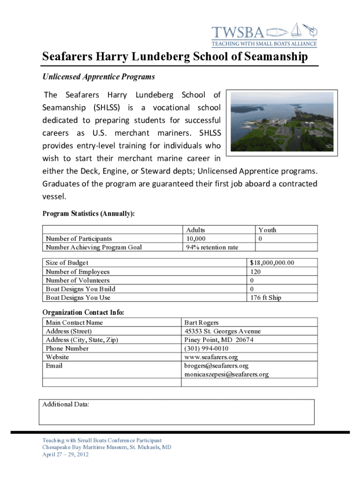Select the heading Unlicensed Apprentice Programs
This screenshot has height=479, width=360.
point(99,76)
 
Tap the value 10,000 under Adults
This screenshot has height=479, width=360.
point(196,239)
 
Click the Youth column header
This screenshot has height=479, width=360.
point(267,230)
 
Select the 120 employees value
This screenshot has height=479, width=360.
point(255,272)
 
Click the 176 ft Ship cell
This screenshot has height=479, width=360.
point(266,298)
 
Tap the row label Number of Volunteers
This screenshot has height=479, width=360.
point(78,280)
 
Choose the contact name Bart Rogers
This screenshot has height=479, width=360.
point(202,323)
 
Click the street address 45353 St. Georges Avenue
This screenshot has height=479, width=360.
point(223,331)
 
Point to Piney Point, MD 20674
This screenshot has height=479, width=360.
point(219,340)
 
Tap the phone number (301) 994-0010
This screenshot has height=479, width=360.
point(207,348)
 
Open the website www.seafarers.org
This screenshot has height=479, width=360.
point(211,357)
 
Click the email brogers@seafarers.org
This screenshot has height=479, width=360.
point(216,366)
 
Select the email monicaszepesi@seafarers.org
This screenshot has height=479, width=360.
point(226,374)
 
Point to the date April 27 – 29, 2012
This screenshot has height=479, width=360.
point(65,454)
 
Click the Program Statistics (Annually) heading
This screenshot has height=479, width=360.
point(88,214)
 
